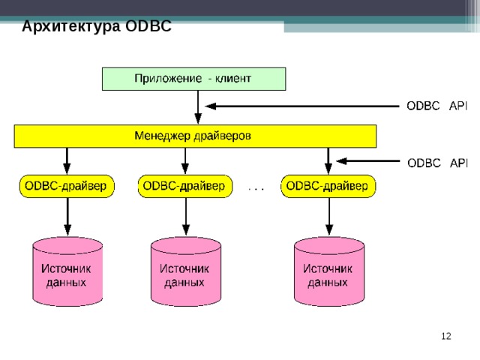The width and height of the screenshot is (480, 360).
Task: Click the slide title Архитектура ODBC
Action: pos(97,27)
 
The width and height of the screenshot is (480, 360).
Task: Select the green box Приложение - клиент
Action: pos(193,78)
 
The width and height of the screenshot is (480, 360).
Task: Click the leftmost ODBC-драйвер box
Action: pos(66,186)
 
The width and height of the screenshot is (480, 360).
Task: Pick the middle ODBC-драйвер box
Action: pos(184,186)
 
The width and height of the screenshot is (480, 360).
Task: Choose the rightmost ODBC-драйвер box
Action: pos(328,186)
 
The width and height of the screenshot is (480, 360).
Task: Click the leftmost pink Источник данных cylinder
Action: pos(67,272)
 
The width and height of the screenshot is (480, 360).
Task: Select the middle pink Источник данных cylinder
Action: pos(185,272)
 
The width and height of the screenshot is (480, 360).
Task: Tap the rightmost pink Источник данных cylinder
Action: pos(328,272)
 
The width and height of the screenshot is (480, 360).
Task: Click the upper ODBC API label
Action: pos(436,106)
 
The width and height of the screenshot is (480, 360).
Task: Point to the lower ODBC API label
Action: pos(436,163)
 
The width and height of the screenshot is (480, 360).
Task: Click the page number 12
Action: pos(445,337)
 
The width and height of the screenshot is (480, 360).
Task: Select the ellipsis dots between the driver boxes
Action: pos(256,188)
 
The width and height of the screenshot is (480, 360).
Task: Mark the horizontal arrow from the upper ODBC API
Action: pos(300,106)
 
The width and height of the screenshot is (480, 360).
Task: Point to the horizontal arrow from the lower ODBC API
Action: pos(367,160)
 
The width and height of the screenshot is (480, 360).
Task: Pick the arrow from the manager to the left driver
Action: pos(67,160)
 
